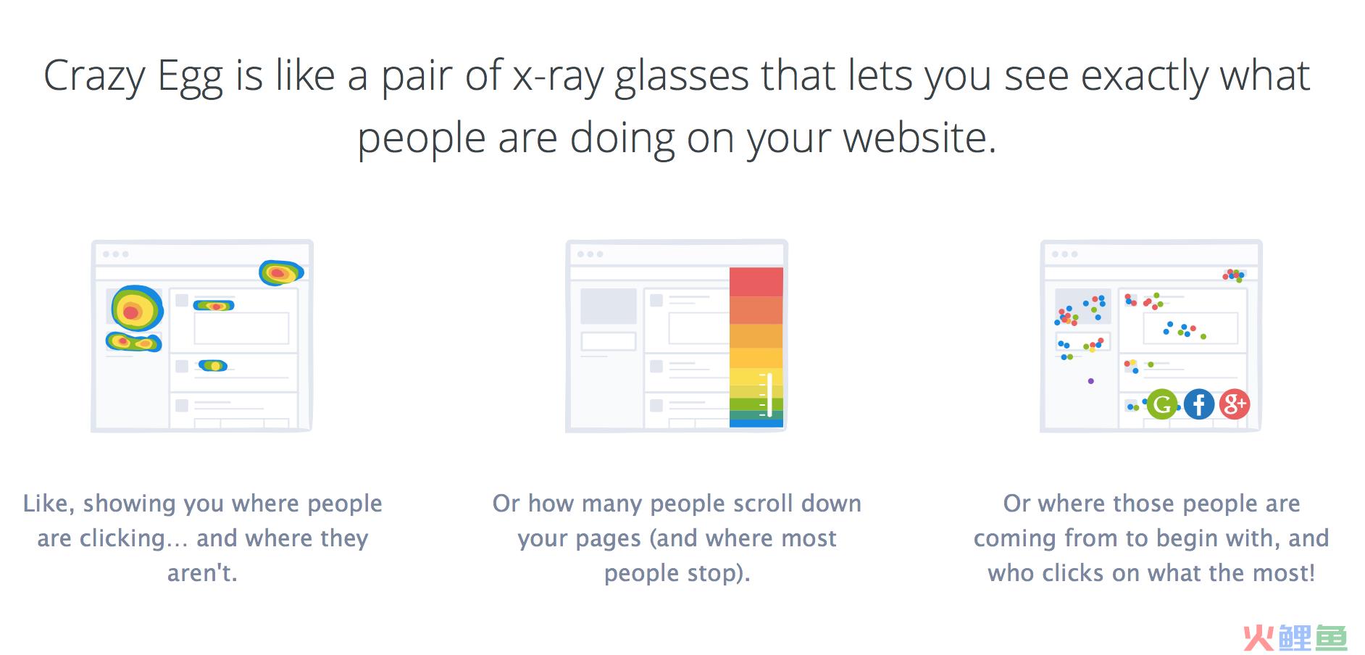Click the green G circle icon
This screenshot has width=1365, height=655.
(1161, 404)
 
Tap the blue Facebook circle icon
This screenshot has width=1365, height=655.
(1198, 404)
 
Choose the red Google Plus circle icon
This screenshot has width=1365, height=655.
(1235, 404)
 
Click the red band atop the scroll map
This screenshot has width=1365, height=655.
(756, 282)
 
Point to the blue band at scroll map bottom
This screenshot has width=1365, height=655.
(756, 422)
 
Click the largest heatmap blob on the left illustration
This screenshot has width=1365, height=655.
(137, 309)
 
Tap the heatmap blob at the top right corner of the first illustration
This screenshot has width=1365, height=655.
(281, 272)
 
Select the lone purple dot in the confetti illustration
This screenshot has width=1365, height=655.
(1091, 381)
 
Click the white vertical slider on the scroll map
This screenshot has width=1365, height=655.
(769, 395)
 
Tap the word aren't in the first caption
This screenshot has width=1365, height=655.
(202, 573)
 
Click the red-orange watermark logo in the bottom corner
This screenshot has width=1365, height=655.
(1295, 638)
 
